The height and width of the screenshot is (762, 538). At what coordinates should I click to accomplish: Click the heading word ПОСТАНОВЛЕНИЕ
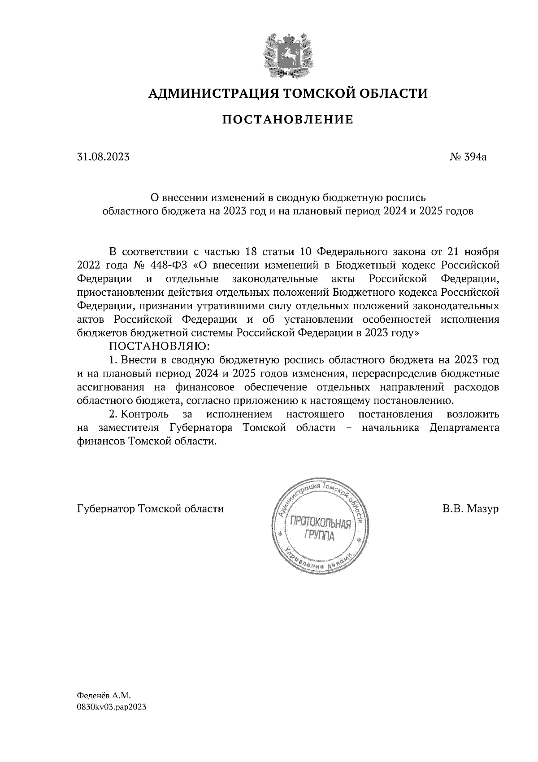[288, 120]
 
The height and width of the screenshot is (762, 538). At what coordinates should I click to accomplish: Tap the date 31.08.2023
[104, 157]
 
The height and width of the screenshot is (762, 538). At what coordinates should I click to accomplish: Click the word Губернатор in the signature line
[106, 509]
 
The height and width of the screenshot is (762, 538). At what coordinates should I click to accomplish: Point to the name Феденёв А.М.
[104, 696]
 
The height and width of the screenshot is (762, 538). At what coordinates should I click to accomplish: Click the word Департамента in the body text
[464, 428]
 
